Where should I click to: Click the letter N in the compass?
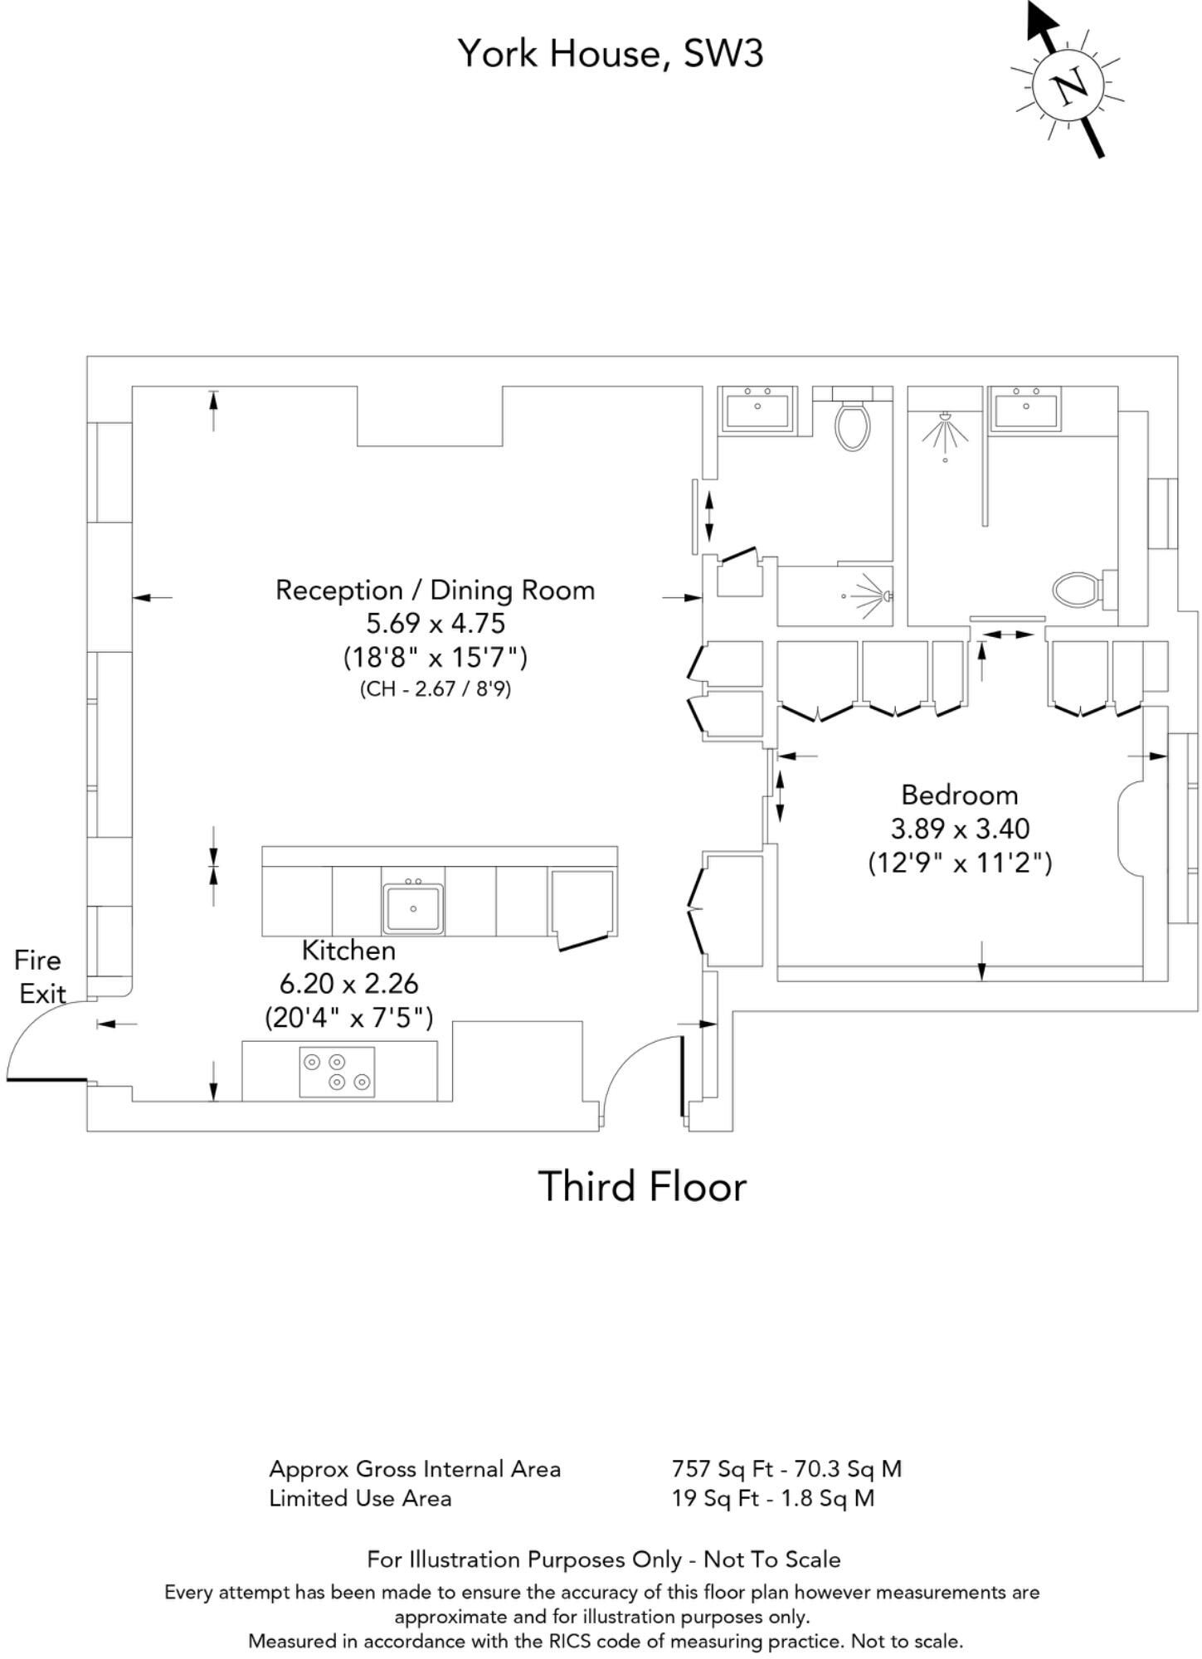[1068, 85]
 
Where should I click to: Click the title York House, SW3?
[611, 54]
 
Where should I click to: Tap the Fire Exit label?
[39, 976]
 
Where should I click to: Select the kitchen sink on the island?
[413, 907]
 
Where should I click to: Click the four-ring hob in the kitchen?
[337, 1072]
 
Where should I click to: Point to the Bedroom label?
[960, 795]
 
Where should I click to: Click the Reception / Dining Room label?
[435, 590]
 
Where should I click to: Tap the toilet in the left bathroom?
[853, 425]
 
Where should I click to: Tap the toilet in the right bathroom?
[1076, 591]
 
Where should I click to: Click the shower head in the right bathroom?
[945, 431]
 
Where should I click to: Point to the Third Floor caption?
[642, 1186]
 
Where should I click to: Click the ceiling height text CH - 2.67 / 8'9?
[435, 688]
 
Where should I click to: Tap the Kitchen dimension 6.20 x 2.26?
[348, 984]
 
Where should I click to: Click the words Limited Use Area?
[360, 1498]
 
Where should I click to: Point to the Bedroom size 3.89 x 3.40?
[960, 829]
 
